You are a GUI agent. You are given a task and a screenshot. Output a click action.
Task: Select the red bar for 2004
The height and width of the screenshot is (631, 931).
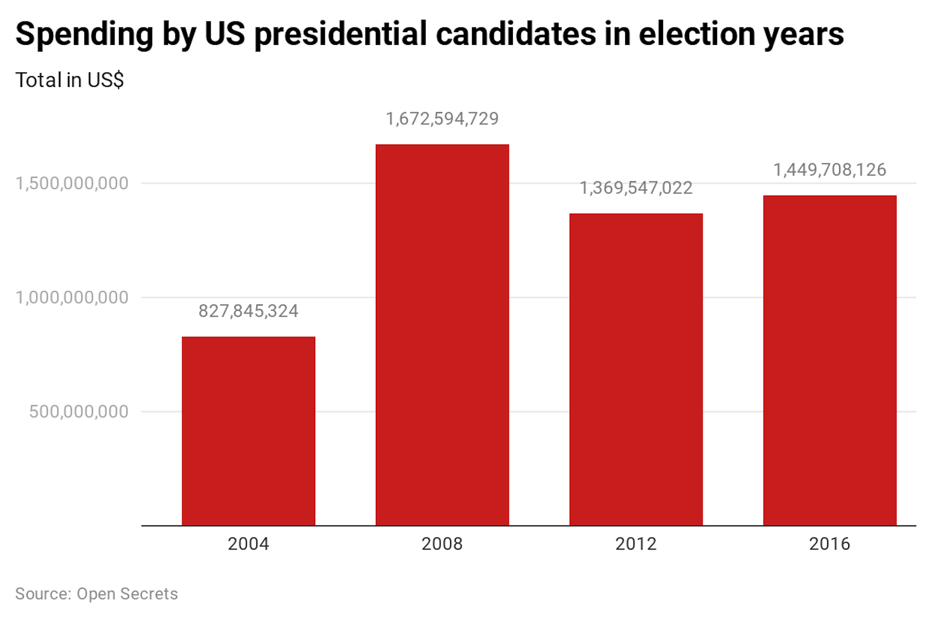[249, 431]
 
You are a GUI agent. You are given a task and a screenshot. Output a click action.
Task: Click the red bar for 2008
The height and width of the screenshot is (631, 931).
[442, 335]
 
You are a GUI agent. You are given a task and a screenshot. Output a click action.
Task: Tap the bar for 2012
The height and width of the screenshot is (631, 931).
[636, 369]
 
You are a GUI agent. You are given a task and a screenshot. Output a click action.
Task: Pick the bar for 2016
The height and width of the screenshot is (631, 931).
[830, 360]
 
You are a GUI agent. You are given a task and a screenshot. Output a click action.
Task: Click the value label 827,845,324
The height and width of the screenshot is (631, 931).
[248, 311]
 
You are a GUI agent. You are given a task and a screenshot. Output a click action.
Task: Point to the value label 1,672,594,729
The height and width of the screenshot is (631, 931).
[442, 119]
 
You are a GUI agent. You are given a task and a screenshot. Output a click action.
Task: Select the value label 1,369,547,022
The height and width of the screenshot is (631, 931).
[636, 188]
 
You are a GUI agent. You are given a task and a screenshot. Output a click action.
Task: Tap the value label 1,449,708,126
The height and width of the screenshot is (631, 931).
[830, 170]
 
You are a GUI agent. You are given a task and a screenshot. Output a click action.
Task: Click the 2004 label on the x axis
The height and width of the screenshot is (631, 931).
[248, 544]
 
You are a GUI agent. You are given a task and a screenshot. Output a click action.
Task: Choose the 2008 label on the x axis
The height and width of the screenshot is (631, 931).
[442, 544]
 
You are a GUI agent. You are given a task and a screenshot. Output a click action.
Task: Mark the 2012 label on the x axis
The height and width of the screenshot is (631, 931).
[636, 544]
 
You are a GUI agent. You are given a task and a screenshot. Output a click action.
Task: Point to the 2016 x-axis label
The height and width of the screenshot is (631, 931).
[830, 544]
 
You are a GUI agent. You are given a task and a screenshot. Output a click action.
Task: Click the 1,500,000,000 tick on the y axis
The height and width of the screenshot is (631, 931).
[72, 184]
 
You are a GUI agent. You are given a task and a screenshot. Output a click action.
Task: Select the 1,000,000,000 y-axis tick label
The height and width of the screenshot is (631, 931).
[72, 298]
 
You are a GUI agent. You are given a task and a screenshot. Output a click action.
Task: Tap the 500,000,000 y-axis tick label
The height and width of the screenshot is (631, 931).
[79, 412]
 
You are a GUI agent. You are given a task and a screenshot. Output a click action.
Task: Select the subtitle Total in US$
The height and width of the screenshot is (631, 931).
[69, 80]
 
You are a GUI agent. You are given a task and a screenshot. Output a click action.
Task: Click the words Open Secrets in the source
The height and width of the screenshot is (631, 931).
[127, 594]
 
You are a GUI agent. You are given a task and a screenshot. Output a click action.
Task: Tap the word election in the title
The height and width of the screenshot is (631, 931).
[697, 34]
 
